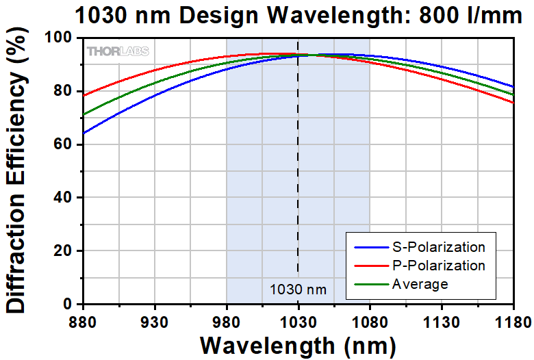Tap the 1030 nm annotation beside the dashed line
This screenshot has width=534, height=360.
[298, 290]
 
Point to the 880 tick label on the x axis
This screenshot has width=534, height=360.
[82, 319]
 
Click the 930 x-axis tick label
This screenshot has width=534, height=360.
[154, 319]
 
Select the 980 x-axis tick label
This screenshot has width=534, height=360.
[226, 319]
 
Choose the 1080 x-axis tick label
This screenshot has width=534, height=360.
[370, 319]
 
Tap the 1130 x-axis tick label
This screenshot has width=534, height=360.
[442, 319]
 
